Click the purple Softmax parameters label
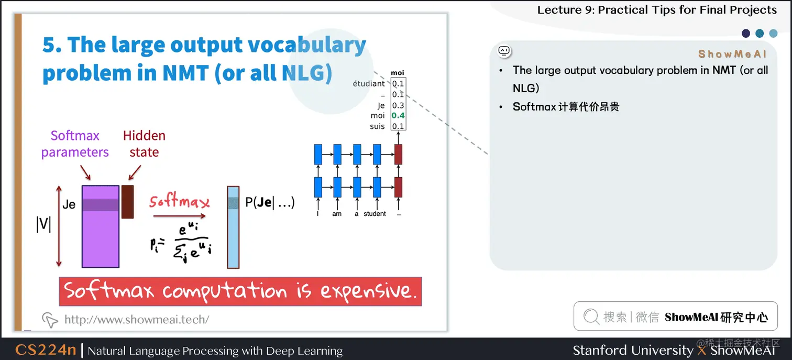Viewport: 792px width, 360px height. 75,144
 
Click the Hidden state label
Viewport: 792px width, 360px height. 144,144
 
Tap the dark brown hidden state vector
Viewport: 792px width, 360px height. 127,201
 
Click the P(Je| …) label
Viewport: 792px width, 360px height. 270,203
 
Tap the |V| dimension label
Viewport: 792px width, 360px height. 43,224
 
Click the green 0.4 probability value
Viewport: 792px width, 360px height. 398,116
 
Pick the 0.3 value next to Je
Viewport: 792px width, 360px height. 398,105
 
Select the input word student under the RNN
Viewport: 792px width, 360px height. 375,214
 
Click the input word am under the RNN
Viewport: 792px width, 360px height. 337,214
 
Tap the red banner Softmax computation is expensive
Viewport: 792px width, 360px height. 240,291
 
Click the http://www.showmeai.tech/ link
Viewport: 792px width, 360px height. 136,319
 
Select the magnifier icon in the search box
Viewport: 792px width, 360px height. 591,317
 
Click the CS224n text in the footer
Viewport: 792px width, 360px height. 46,350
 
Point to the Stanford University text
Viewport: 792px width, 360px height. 632,350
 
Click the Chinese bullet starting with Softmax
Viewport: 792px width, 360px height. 566,107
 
